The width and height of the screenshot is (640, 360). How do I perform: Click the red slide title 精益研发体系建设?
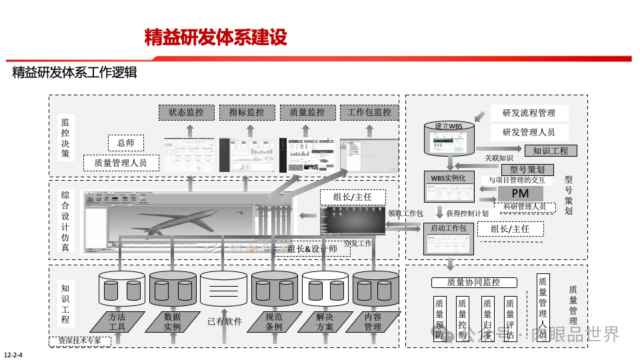click(216, 37)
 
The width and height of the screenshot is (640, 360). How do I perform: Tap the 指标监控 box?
click(247, 113)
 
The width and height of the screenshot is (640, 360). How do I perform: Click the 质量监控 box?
click(307, 113)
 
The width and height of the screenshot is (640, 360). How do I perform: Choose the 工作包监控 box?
click(369, 113)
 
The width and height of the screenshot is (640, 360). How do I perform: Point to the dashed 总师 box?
click(126, 143)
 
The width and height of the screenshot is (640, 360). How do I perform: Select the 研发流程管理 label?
click(529, 113)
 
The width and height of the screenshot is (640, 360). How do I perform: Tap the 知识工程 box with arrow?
click(550, 151)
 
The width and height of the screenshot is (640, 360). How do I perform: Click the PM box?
click(520, 193)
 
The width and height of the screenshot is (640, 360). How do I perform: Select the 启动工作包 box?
click(449, 237)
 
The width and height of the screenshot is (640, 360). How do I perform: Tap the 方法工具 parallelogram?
click(117, 322)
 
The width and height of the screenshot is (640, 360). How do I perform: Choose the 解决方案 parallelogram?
click(325, 322)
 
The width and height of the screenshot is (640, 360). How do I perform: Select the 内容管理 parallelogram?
click(373, 322)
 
